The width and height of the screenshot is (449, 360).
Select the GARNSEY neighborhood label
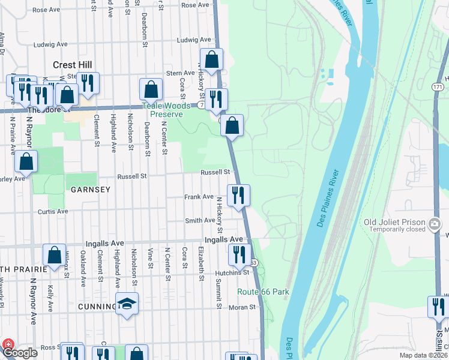coord(91,190)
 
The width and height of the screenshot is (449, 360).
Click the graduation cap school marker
coord(127,305)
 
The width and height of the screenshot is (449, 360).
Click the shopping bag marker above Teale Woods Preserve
coord(151,89)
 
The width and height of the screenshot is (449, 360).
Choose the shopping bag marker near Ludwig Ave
coord(211,59)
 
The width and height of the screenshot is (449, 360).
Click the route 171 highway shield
coord(438,88)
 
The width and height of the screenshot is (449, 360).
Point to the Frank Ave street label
coord(199,197)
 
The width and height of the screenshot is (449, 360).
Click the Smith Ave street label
coord(200,221)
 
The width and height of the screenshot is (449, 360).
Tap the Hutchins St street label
coord(232,272)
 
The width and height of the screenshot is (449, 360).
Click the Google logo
coord(20,353)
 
